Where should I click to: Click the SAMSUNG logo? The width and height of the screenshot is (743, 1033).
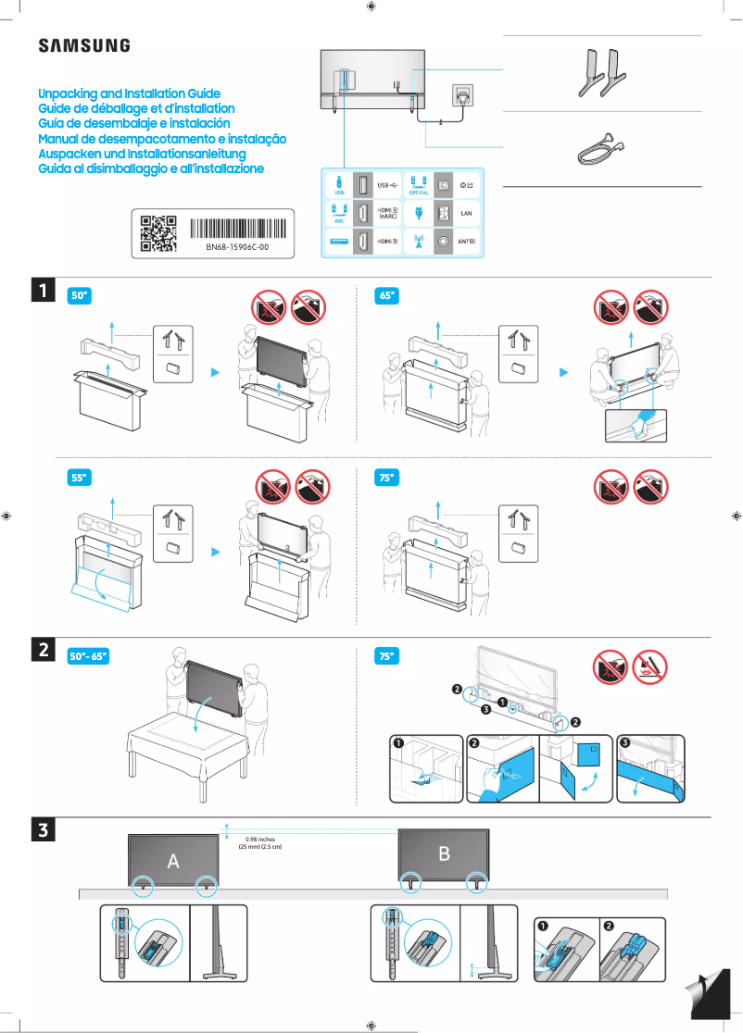pos(83,45)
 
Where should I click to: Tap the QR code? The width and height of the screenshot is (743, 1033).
pos(157,233)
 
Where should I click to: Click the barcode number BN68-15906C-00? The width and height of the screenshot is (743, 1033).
pos(236,248)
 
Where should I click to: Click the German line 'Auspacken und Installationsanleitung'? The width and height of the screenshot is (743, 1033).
pos(141,153)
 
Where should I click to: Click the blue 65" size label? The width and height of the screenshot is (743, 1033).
pos(387,296)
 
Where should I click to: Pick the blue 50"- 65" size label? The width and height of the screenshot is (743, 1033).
pos(89,656)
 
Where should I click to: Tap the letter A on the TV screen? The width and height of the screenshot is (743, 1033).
pos(173,861)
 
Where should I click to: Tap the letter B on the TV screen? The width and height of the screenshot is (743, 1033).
pos(444,853)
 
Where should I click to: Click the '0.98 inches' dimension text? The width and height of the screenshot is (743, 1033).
pos(259,839)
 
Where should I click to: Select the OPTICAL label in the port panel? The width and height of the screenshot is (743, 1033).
pos(418,193)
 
